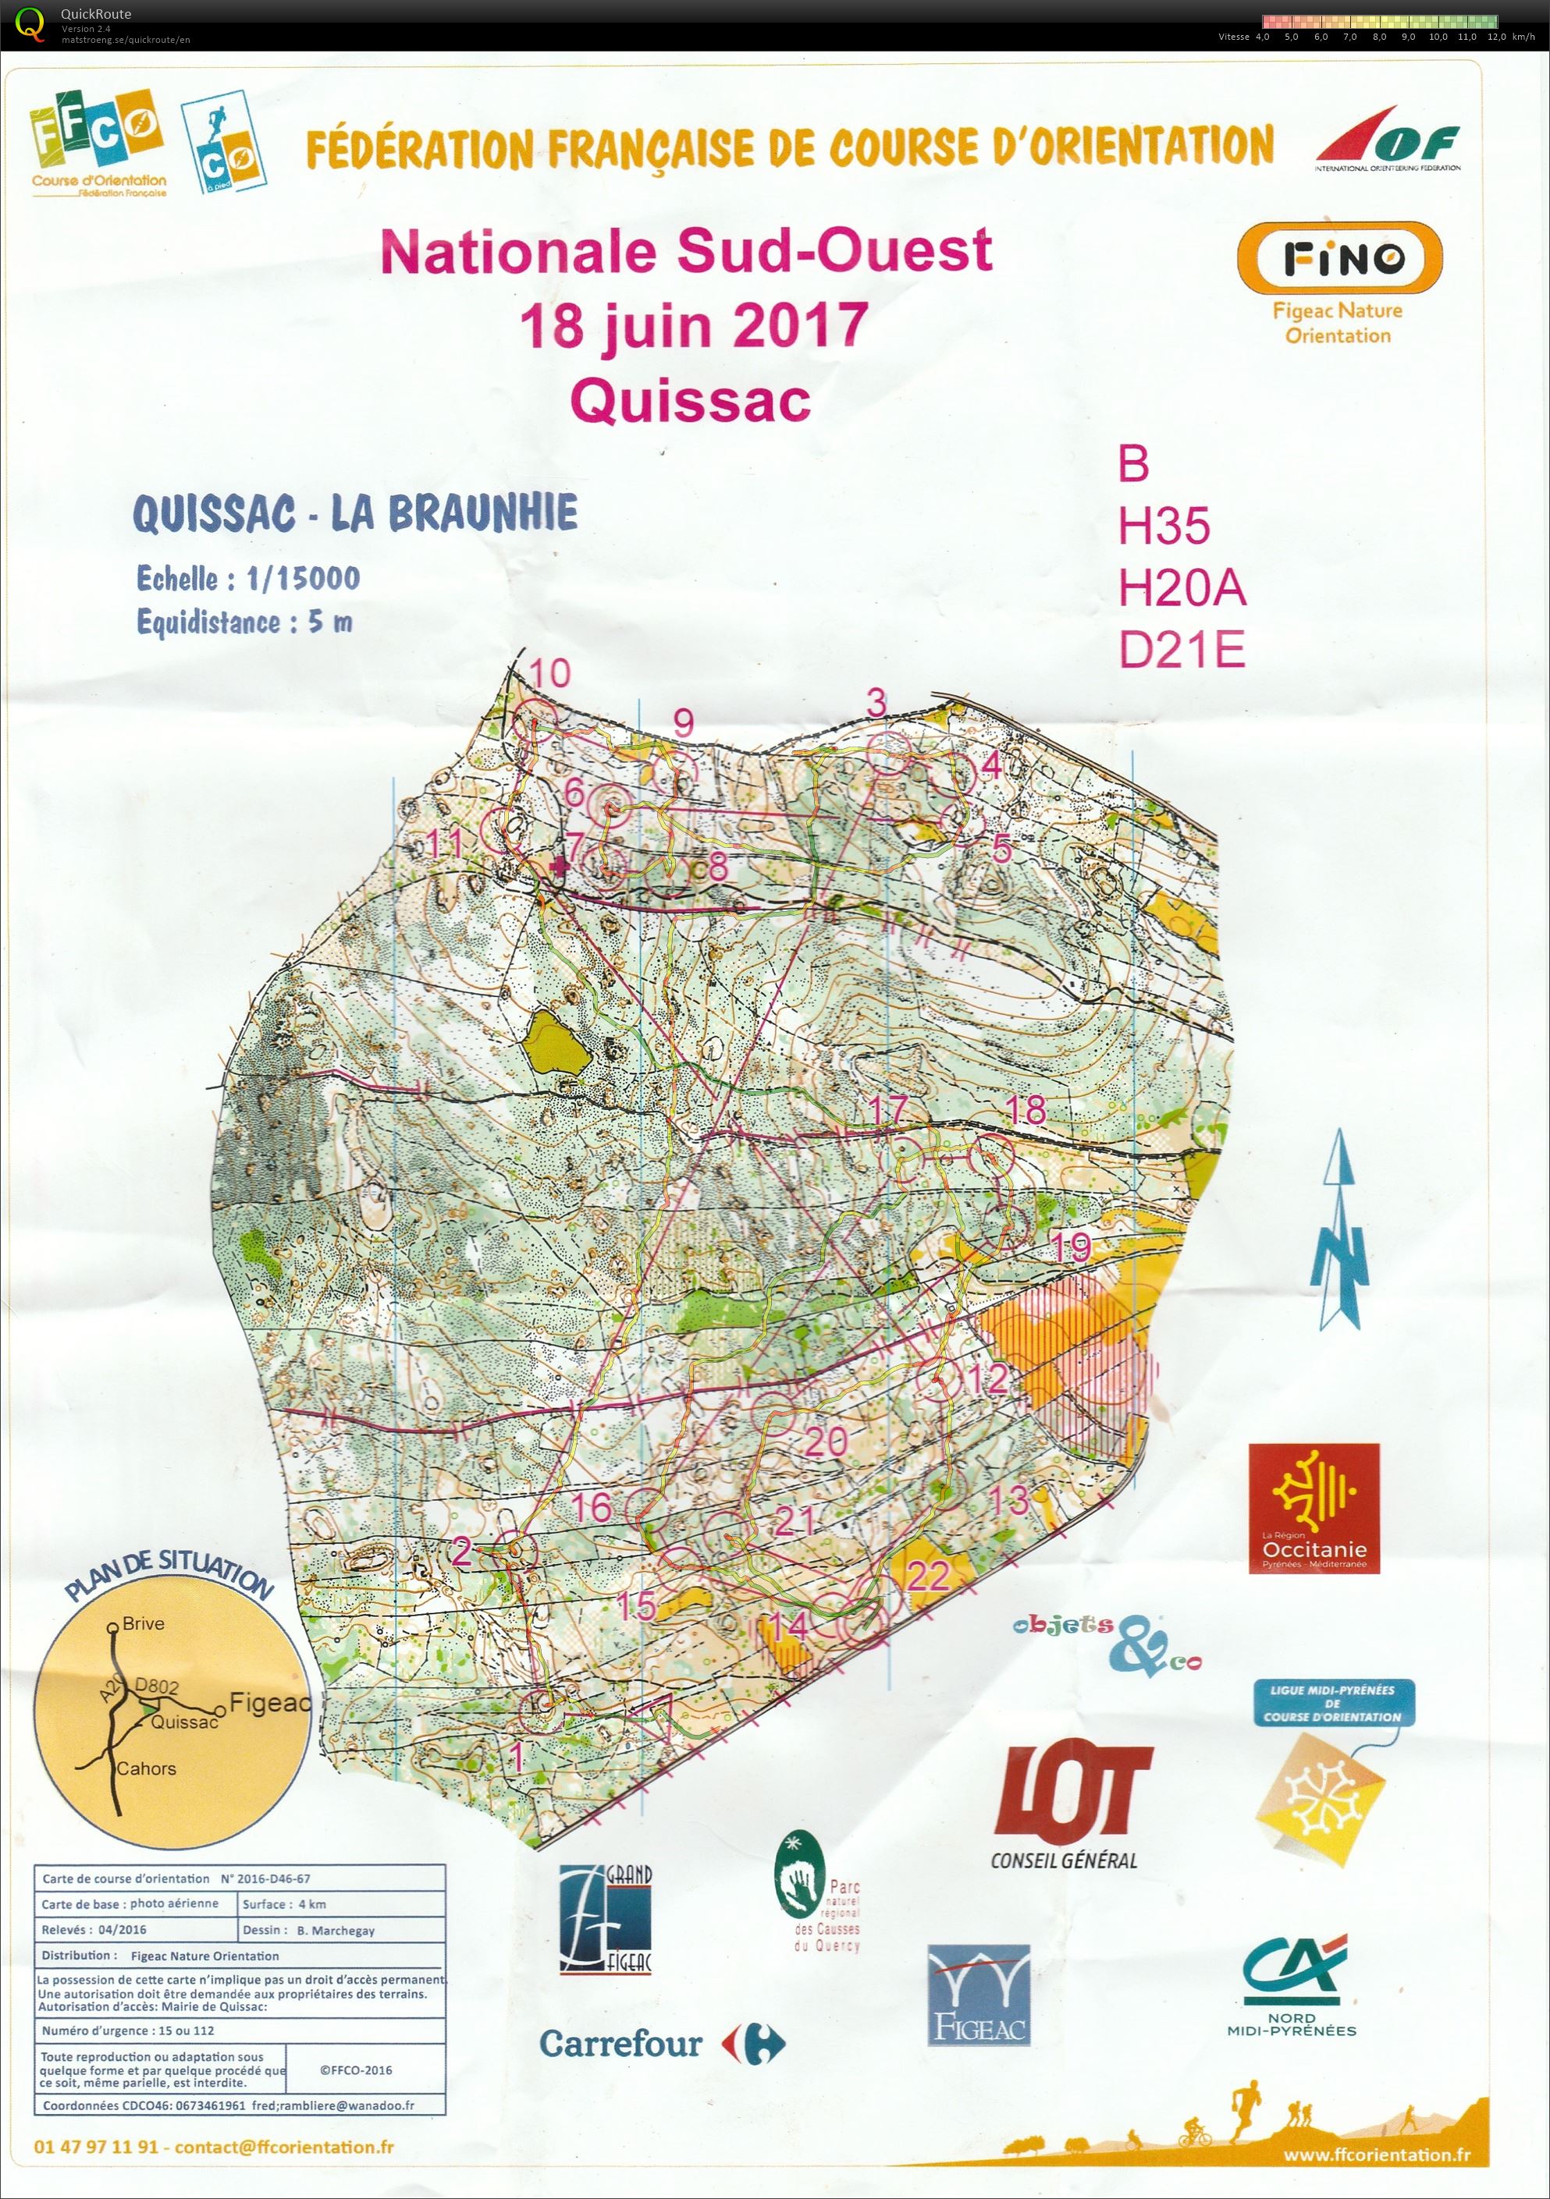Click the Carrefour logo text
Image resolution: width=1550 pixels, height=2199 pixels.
[x=620, y=2043]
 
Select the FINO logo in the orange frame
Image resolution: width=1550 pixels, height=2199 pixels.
[x=1338, y=257]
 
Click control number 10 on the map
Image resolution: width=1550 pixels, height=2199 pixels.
[x=550, y=673]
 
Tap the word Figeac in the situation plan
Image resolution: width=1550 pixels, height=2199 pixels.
[x=270, y=1702]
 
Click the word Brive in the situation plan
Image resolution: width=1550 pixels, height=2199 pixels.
[x=143, y=1623]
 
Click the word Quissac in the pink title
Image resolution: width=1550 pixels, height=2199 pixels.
[x=691, y=401]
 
